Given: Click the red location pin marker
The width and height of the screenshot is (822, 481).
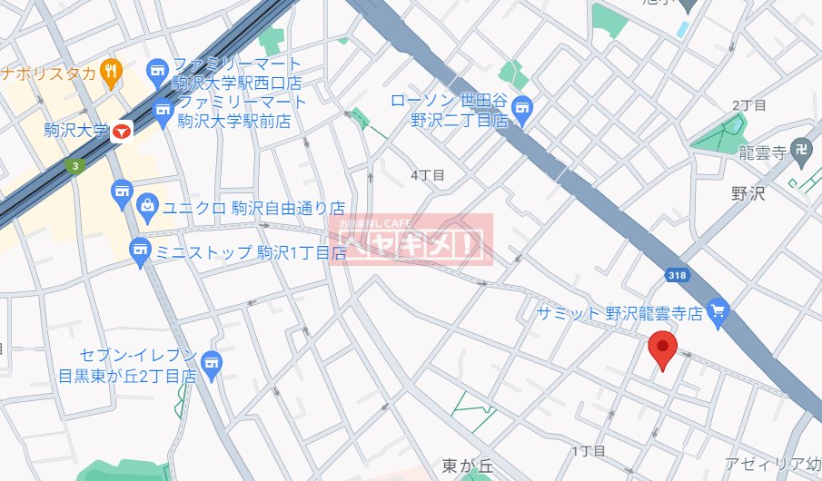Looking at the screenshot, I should coord(663,349).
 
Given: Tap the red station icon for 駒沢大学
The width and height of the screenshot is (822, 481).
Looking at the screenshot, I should coord(123,132).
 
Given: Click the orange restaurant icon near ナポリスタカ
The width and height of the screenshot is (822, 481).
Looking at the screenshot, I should coord(111,73).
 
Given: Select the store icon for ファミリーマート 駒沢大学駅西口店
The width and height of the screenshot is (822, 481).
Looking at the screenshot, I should coord(158,71).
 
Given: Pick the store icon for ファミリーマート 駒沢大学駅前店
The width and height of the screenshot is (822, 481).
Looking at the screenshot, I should coord(163,113).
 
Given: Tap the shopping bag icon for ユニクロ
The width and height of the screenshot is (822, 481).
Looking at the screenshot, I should coord(147,206).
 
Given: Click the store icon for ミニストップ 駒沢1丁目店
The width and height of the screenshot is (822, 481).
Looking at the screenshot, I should coord(140,251).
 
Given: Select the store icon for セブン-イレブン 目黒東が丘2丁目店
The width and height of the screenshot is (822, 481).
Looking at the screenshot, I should coord(212,364).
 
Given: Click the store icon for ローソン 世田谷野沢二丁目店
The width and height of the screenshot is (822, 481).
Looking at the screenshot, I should coord(522,110).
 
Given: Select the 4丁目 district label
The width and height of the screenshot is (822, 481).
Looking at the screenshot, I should coord(427,174).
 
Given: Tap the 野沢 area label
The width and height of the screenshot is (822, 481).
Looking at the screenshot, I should coord(748,194).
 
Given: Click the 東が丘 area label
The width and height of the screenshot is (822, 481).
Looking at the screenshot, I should coord(467,466).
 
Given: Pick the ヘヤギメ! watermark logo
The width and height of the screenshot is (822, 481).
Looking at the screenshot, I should coord(414,240).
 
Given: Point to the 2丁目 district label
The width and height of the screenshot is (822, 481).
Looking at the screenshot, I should coord(748,106).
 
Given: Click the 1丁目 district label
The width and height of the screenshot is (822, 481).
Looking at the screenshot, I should coord(589,451).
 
